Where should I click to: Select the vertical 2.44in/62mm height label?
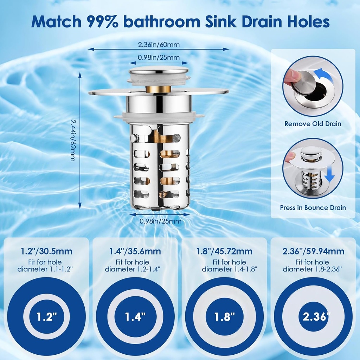[x=72, y=140]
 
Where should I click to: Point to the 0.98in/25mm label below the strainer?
[x=160, y=221]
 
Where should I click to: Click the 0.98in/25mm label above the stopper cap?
[x=159, y=57]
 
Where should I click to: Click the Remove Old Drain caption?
[x=313, y=124]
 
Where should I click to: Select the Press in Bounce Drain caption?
[x=313, y=208]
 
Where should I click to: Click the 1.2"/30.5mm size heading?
[x=46, y=251]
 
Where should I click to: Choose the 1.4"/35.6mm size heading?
[x=135, y=251]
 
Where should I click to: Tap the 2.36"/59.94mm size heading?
[x=313, y=251]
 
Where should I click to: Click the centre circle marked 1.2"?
[x=46, y=317]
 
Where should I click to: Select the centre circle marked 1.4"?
[x=135, y=317]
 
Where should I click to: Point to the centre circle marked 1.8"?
[x=224, y=317]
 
